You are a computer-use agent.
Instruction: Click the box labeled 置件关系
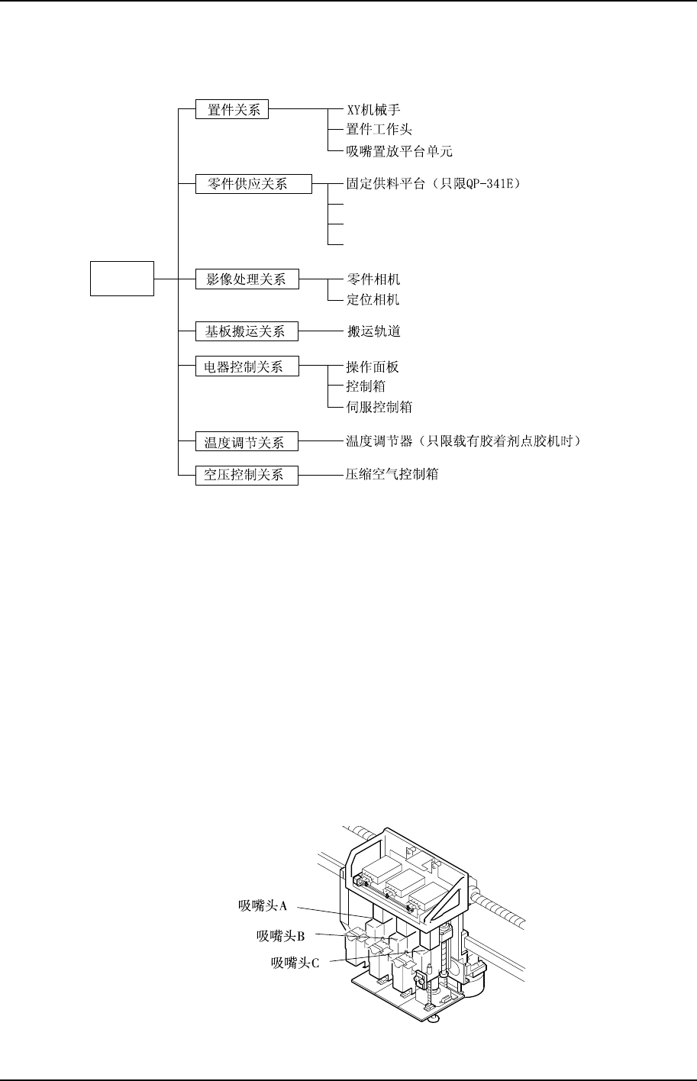coord(233,109)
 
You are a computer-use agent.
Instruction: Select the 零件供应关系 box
coord(253,183)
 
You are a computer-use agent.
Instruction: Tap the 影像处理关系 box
coord(247,280)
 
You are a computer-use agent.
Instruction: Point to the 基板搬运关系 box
coord(247,331)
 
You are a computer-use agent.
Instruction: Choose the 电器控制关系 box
coord(247,367)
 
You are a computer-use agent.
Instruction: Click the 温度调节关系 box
coord(247,441)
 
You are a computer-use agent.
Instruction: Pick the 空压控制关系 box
coord(247,475)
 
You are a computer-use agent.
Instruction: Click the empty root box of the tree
coord(122,278)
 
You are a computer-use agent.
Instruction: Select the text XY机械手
coord(373,110)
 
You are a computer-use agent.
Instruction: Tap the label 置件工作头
coord(379,130)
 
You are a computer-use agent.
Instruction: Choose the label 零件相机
coord(373,280)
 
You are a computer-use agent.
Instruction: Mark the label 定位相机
coord(373,299)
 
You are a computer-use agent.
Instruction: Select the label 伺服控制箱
coord(379,407)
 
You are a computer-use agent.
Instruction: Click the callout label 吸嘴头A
coord(262,906)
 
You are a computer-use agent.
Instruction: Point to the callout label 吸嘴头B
coord(280,935)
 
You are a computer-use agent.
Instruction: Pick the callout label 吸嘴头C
coord(295,962)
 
